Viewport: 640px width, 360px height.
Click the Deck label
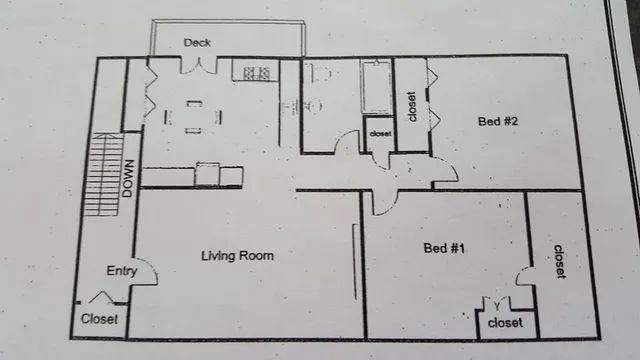(196, 42)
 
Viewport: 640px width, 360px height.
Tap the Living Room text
(237, 256)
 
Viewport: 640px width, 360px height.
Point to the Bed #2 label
(497, 122)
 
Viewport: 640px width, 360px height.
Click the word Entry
(121, 271)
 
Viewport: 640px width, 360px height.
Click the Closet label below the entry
(99, 320)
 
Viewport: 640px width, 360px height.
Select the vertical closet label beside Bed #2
(411, 104)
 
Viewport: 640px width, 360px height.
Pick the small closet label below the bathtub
(380, 133)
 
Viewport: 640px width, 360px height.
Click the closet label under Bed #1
(505, 323)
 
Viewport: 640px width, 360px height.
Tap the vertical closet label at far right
(558, 261)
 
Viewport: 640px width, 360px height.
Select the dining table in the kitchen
(194, 115)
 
